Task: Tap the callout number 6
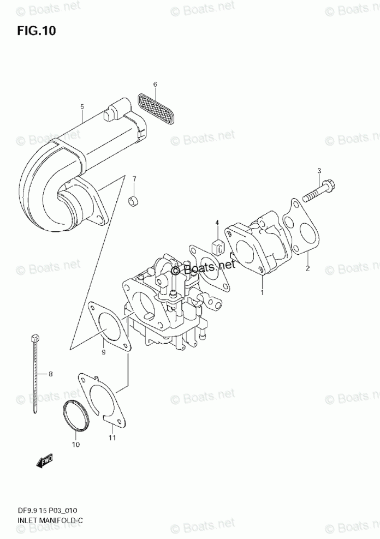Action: (155, 85)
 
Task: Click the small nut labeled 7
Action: (133, 202)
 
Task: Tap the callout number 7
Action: (134, 179)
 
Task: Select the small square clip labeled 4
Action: (217, 246)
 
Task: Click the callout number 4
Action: (217, 223)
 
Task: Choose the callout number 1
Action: (262, 293)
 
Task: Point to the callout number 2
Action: (308, 268)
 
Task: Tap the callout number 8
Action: (50, 374)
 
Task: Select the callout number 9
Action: (103, 353)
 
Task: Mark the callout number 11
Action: (112, 438)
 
